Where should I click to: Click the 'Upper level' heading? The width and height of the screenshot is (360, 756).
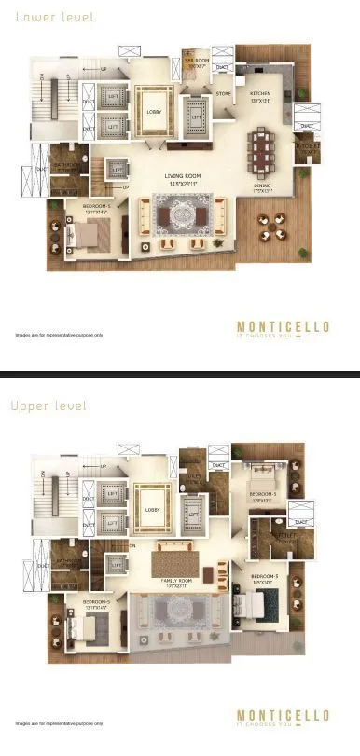(x=48, y=405)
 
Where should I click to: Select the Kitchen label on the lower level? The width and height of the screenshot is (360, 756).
(x=259, y=96)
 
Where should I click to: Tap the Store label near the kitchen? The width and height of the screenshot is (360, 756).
(x=223, y=93)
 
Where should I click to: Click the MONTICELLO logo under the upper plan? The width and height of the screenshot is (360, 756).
(x=282, y=716)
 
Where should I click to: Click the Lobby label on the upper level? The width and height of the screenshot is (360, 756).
(x=153, y=509)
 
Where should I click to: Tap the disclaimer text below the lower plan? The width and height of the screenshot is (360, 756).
(x=59, y=334)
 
